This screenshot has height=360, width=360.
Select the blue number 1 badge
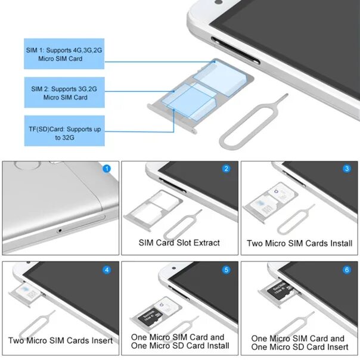click(107, 169)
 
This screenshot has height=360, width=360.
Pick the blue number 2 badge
click(226, 169)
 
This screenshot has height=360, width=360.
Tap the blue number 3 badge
click(347, 169)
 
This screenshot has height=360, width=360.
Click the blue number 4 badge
click(107, 269)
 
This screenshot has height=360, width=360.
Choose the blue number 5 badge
click(226, 269)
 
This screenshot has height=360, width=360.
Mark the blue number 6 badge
click(347, 269)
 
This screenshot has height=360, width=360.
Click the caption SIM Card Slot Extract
click(179, 243)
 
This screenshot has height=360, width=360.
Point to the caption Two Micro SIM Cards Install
click(299, 243)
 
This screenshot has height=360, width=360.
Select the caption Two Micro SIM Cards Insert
click(61, 341)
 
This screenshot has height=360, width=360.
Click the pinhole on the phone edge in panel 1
click(59, 230)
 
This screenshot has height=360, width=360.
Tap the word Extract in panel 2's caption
click(206, 243)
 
